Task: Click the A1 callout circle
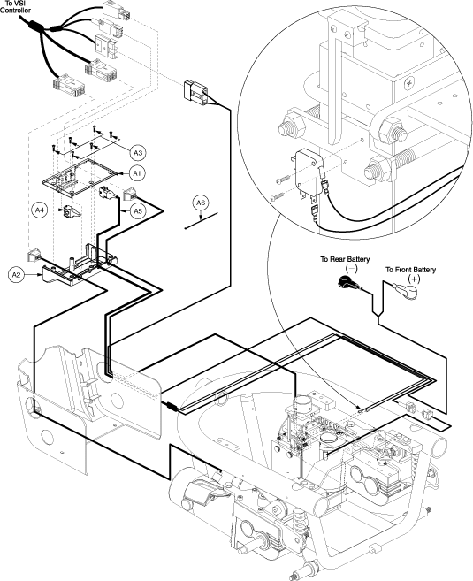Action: pos(137,173)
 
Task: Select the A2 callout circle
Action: pos(15,274)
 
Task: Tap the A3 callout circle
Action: pos(138,153)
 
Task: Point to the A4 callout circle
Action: pos(39,210)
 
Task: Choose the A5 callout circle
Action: pos(137,210)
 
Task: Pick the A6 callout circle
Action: pos(201,203)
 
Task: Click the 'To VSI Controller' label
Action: pos(15,7)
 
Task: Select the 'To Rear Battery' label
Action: pos(345,259)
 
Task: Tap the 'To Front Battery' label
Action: pos(410,270)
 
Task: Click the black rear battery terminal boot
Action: pos(347,283)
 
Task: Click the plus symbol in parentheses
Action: pos(414,279)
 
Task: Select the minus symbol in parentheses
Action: pos(351,268)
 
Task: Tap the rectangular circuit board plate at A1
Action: pos(80,177)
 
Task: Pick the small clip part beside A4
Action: pos(72,211)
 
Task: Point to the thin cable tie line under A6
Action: pos(201,221)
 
